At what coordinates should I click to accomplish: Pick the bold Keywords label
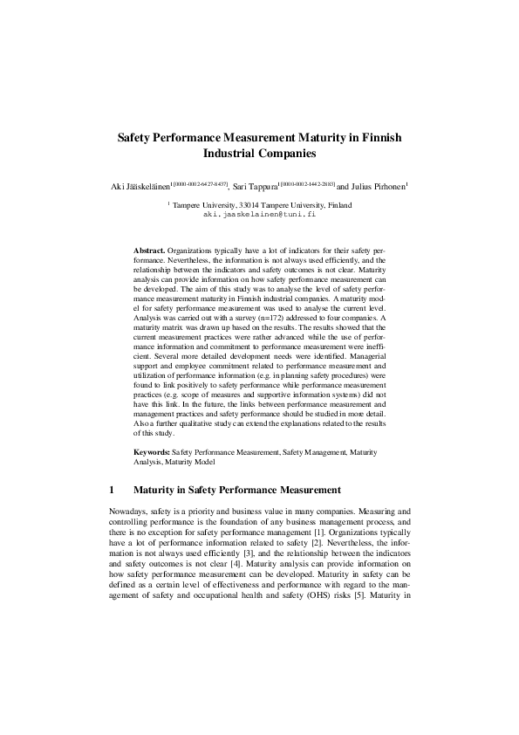click(x=153, y=452)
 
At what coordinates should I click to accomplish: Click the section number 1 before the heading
click(x=112, y=489)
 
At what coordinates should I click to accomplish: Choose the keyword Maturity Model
click(x=193, y=462)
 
